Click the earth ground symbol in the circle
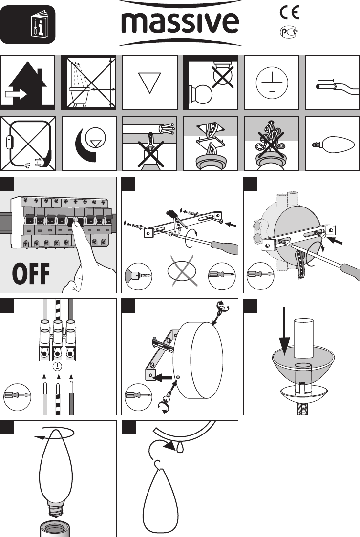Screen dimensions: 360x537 tap(271, 83)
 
